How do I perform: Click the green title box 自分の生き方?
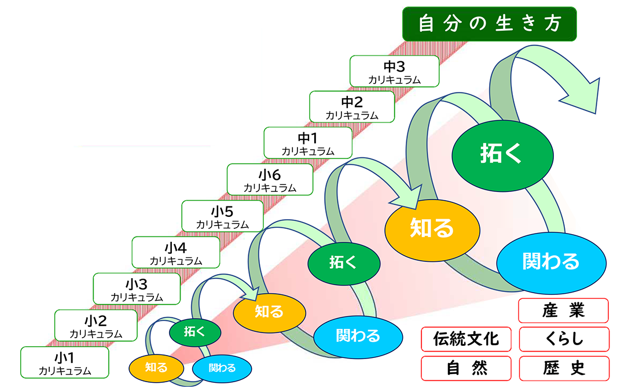[489, 24]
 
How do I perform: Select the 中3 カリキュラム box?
[394, 71]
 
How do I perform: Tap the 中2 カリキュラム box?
[351, 106]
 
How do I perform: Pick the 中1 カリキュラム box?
[307, 142]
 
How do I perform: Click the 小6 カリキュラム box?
[270, 179]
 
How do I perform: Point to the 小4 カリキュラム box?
[175, 252]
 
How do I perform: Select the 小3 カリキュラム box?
[137, 289]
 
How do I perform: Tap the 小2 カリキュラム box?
[96, 325]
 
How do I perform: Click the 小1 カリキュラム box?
[64, 362]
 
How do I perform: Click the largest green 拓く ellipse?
[501, 153]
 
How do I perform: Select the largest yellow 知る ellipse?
[432, 229]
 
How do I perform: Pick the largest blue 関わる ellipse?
[550, 261]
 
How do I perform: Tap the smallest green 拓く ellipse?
[195, 331]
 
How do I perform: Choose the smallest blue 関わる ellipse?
[222, 368]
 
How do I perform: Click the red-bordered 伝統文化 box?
[466, 339]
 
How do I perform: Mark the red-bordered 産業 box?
[564, 310]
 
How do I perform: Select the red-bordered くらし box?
[564, 339]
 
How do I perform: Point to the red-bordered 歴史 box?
[564, 368]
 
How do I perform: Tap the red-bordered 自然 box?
[466, 368]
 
